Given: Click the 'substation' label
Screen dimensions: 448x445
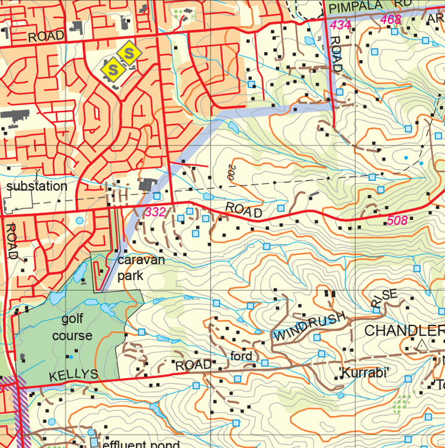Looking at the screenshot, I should coord(37,187).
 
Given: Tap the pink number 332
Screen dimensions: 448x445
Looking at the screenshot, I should coord(156,212).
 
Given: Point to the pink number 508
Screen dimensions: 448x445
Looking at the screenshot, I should coord(397,220).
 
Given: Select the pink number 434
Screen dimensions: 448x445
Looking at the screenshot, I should coord(341,25).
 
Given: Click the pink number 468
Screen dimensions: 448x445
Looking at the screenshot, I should coord(391,20).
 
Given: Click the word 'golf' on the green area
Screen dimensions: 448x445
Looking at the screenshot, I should coord(73,319).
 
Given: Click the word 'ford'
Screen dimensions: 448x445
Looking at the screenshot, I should coord(241,356).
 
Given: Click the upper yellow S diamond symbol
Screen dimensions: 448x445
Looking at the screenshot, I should coord(129,54).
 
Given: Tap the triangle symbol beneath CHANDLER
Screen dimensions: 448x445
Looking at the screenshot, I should coord(422,345).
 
